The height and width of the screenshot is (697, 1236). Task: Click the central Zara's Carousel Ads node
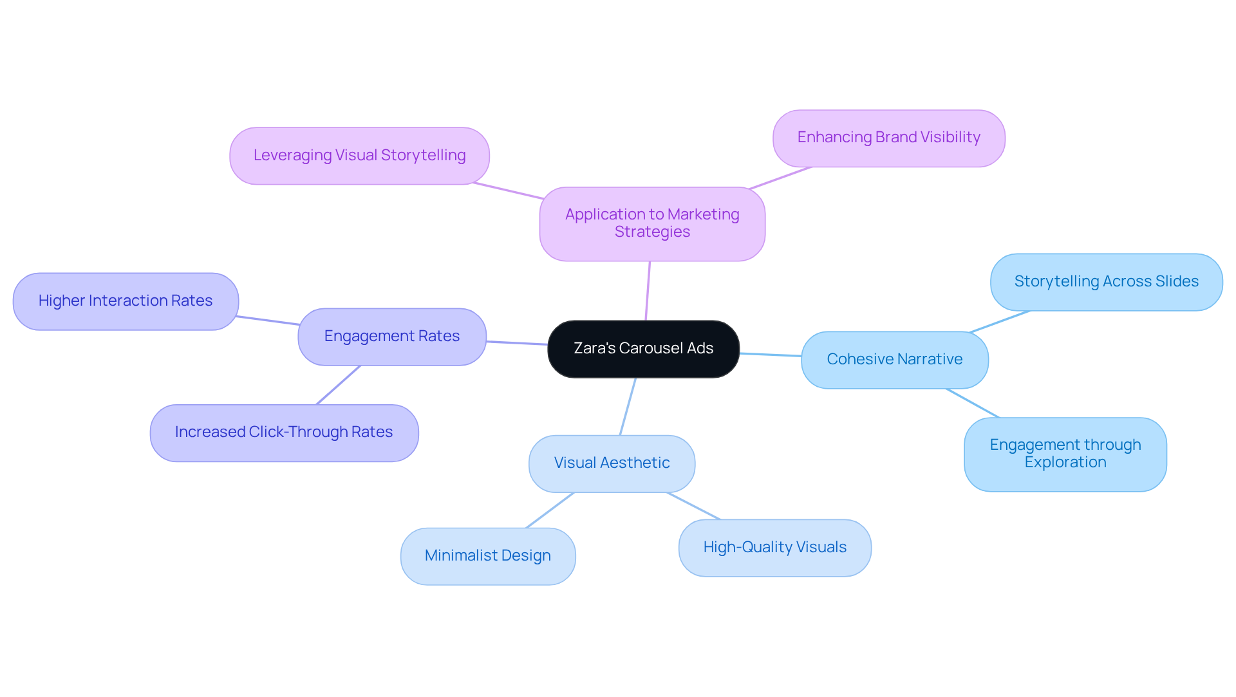pos(643,349)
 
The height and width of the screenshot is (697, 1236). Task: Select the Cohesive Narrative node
pos(894,360)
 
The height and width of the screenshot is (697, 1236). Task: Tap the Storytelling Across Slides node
pos(1106,282)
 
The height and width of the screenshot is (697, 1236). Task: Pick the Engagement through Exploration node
pos(1065,454)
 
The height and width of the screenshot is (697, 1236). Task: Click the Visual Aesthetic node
pos(612,463)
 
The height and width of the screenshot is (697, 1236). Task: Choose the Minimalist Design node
pos(487,556)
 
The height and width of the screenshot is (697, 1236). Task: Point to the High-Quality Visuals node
pos(774,548)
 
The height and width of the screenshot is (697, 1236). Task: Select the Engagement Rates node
pos(391,337)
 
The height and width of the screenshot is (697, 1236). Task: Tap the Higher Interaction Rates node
pos(126,301)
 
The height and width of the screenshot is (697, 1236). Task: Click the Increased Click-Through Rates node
pos(284,432)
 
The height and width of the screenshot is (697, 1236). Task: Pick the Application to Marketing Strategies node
pos(652,223)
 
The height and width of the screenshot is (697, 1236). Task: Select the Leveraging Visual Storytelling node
pos(359,156)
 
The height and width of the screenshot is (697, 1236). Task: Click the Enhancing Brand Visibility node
pos(888,138)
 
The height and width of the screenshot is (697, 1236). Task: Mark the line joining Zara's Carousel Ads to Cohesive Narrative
pos(771,355)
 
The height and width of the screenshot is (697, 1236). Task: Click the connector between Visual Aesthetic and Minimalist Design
pos(550,510)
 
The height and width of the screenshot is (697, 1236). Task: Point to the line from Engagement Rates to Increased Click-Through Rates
pos(338,386)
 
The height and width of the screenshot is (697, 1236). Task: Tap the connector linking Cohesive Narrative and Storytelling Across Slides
pos(1000,322)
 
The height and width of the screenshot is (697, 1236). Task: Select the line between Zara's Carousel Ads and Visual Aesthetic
pos(628,407)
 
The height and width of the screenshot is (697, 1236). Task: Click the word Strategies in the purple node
pos(652,232)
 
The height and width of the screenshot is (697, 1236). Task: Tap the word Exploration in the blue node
pos(1065,463)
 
